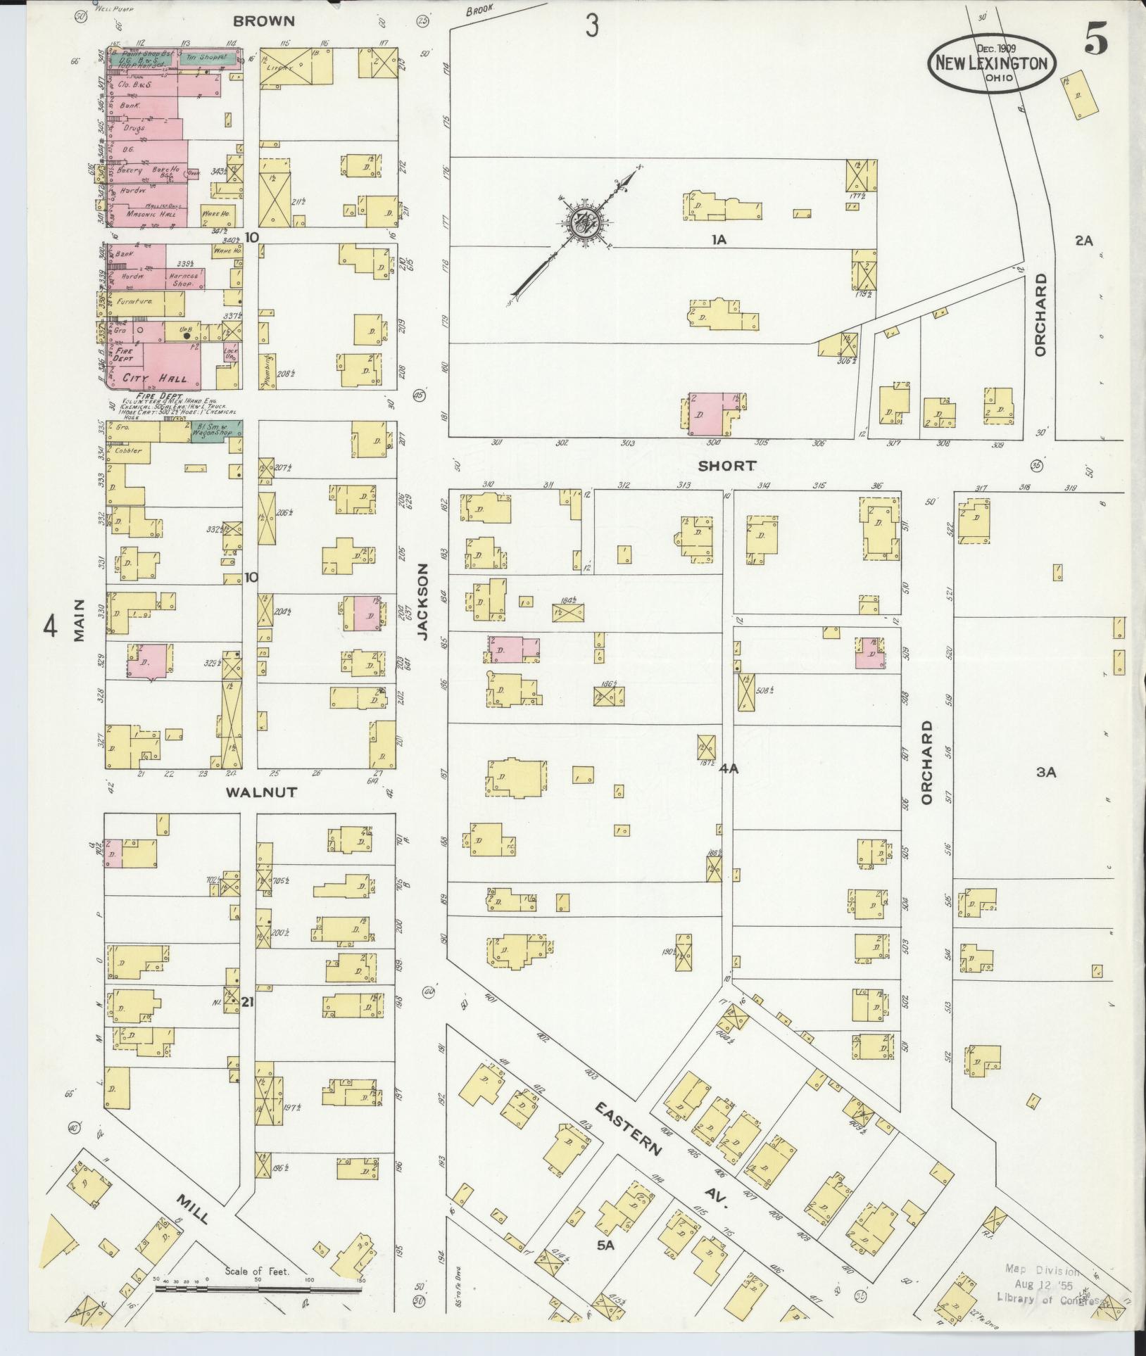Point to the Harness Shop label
182,280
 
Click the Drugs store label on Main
133,128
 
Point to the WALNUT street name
261,792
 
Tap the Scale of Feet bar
257,1288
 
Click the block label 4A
728,769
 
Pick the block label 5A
605,1245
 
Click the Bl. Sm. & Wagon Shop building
216,431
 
